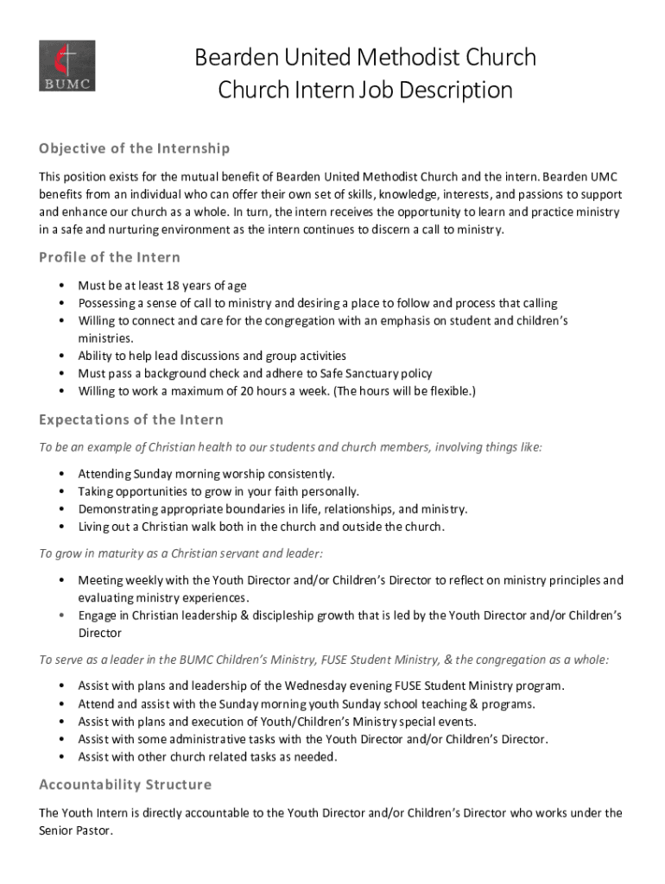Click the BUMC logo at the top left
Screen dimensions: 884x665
click(66, 66)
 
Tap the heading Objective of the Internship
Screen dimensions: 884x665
click(134, 148)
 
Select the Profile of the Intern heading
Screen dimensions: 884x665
click(110, 257)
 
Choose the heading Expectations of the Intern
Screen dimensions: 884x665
click(131, 420)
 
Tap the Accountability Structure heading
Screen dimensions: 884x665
click(125, 785)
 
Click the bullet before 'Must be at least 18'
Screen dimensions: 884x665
click(61, 286)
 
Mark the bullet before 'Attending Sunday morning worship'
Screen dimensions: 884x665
click(61, 474)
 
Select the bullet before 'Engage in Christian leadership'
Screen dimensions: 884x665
click(61, 616)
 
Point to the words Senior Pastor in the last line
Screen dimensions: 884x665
click(75, 830)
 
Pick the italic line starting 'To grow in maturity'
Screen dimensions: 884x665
click(181, 553)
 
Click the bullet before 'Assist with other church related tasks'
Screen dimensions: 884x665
click(61, 757)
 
